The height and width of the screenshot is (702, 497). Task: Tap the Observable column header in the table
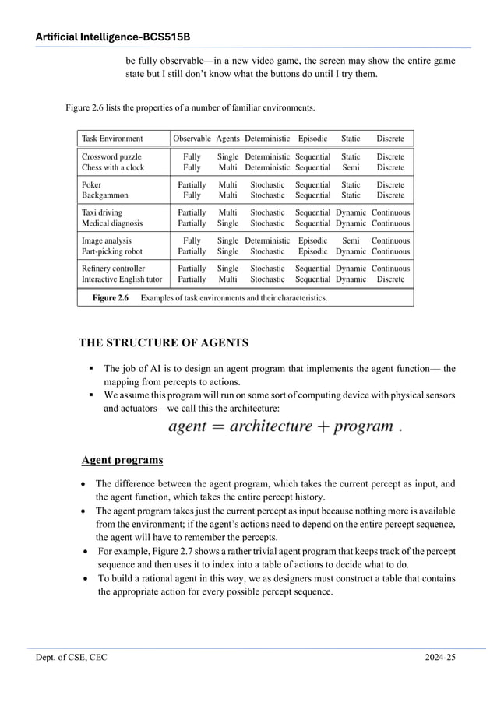(192, 139)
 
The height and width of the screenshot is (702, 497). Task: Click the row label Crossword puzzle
(111, 156)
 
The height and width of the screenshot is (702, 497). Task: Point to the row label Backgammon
(105, 195)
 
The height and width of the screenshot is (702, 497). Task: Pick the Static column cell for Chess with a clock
(351, 167)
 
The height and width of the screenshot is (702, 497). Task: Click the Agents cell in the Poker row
(227, 185)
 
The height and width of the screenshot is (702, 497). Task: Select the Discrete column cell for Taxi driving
(390, 212)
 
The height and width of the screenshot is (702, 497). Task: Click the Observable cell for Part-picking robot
(192, 251)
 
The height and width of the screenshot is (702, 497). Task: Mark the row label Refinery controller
(113, 269)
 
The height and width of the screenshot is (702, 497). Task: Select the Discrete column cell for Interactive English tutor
(390, 279)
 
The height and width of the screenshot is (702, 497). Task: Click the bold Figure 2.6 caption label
(110, 297)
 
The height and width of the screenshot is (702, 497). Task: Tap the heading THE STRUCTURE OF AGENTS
(164, 343)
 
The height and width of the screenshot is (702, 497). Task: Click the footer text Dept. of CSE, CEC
(71, 658)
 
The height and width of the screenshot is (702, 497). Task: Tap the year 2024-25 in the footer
(440, 658)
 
